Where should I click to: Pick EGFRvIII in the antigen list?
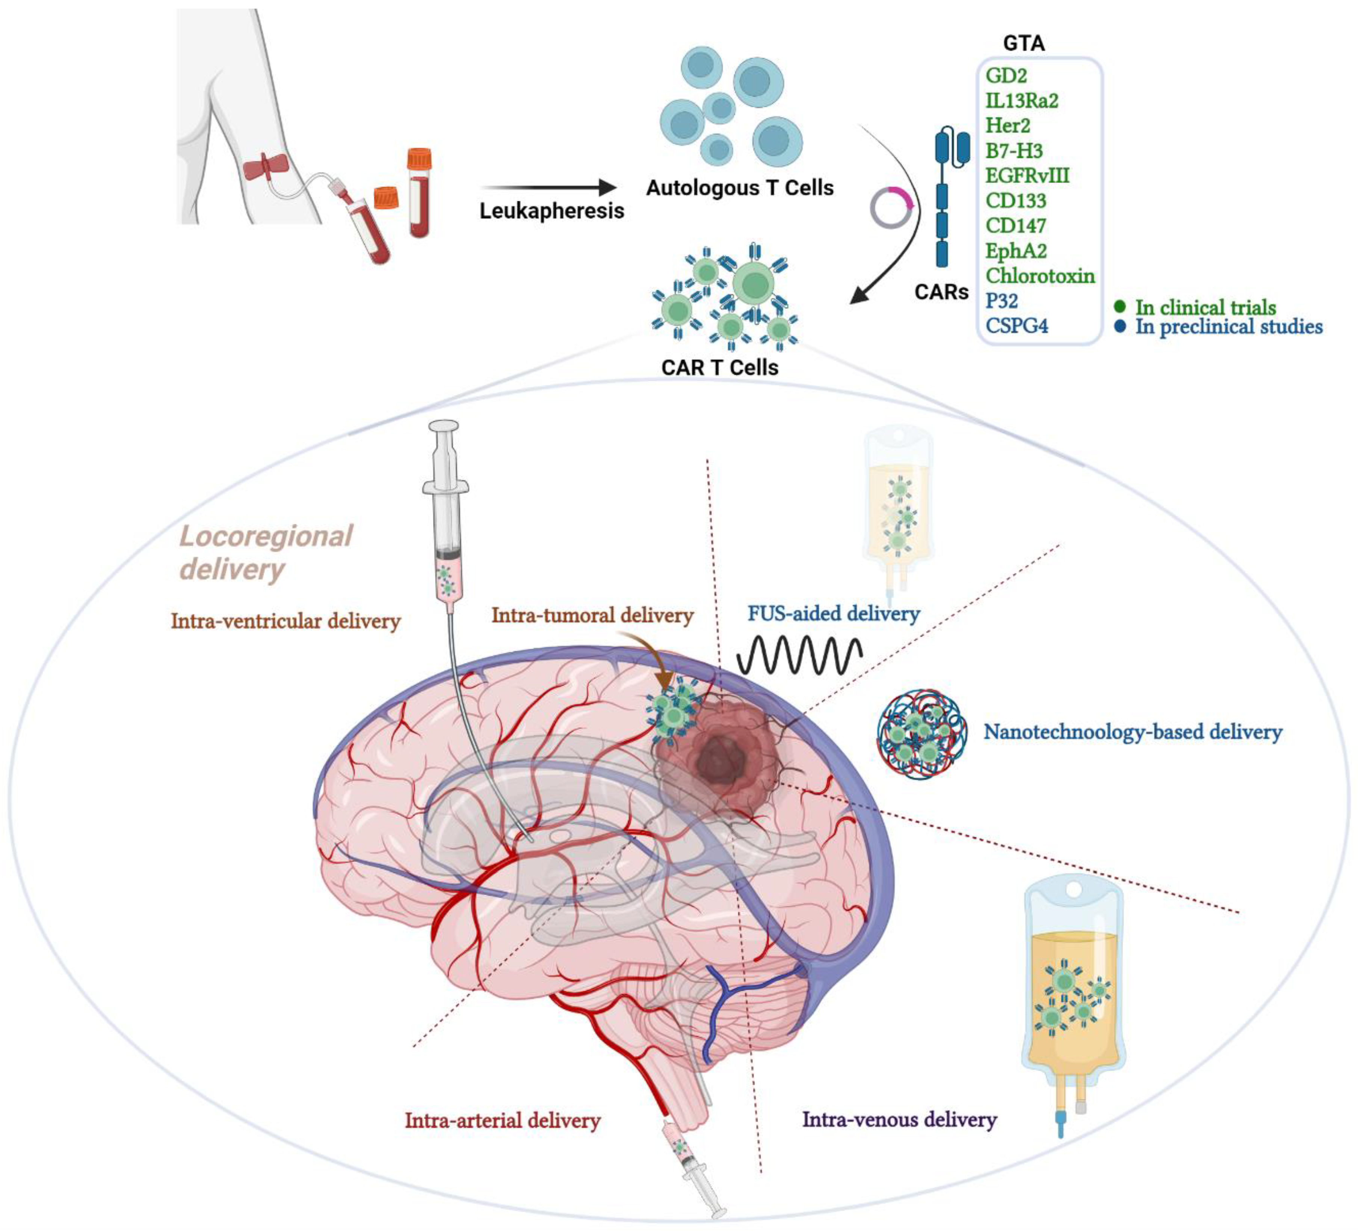click(1027, 176)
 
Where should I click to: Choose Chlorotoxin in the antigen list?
click(1039, 275)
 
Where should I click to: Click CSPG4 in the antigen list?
click(1017, 326)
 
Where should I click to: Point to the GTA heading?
click(1023, 43)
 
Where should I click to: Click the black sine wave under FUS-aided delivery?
click(799, 655)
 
